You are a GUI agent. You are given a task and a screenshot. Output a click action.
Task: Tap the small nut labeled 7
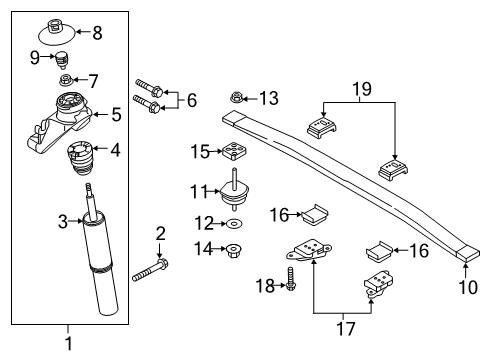pos(65,80)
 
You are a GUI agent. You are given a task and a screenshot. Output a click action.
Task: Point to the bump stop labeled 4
pos(79,158)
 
